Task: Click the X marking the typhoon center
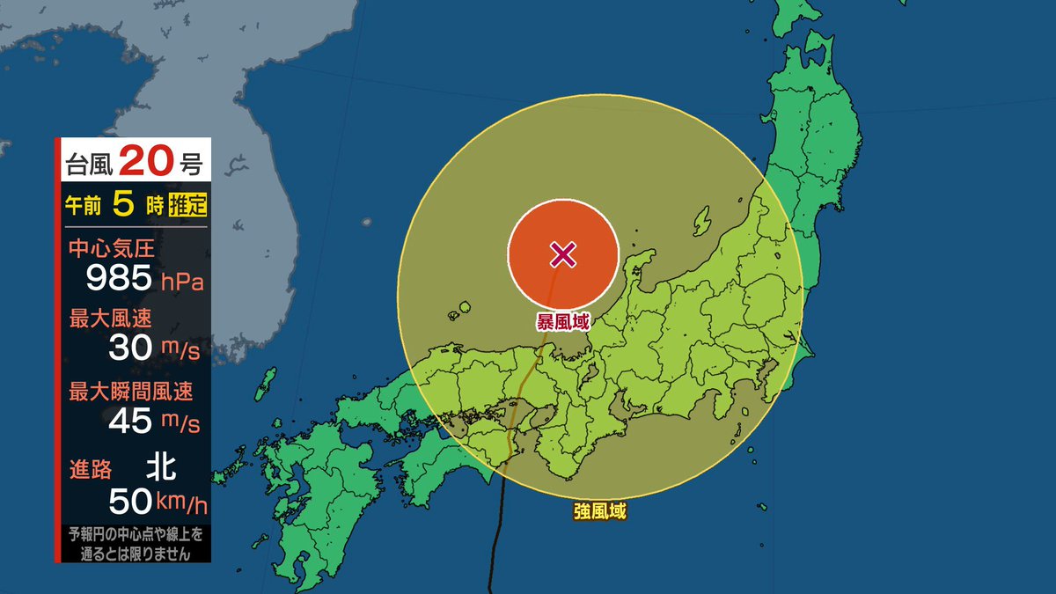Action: tap(563, 255)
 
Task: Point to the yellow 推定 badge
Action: tap(188, 207)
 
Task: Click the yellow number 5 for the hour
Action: tap(124, 206)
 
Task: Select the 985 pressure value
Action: tap(119, 279)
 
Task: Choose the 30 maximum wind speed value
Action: tap(131, 348)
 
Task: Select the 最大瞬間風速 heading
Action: tap(130, 391)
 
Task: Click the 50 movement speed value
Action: tap(130, 501)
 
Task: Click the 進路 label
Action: tap(87, 466)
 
